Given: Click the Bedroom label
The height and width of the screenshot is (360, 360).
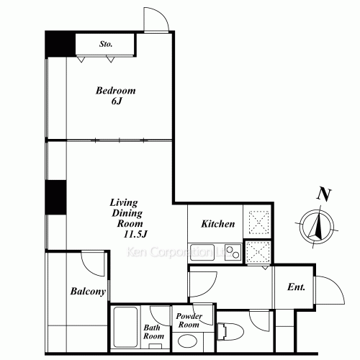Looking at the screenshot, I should [116, 91].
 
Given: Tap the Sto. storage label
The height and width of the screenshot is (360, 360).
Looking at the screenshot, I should [107, 44].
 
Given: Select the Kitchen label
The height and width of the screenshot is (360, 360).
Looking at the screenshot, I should [218, 224].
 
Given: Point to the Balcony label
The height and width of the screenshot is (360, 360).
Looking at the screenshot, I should [88, 292].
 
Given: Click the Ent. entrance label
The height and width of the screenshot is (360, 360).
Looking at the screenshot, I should [297, 287].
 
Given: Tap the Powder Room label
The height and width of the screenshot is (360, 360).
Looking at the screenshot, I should [188, 321].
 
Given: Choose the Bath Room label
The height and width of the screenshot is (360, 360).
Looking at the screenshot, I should [153, 332].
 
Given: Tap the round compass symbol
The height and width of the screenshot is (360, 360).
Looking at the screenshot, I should [315, 225].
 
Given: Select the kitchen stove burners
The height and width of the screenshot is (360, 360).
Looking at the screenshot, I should [231, 251].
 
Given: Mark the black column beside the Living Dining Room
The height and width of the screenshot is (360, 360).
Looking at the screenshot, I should [55, 197].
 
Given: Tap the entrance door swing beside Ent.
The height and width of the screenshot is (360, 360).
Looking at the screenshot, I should [328, 291].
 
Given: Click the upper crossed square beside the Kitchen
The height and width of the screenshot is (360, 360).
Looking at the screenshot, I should [258, 221].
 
